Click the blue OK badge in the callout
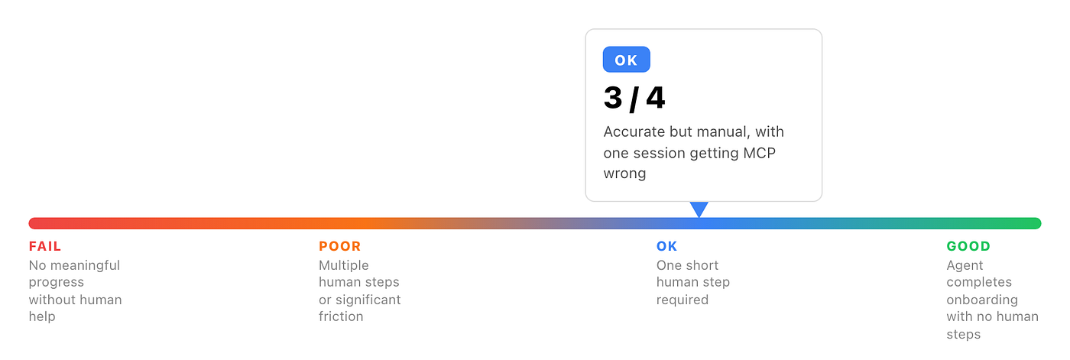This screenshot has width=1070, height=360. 626,60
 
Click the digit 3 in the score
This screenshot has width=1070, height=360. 613,98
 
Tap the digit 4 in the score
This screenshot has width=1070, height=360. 656,98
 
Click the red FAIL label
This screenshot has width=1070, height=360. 45,246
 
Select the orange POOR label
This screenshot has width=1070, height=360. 339,246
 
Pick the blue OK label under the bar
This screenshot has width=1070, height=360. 666,246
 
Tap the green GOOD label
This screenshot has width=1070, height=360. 968,246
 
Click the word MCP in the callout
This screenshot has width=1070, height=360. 760,154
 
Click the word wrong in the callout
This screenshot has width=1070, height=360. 625,174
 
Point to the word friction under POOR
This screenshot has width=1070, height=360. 341,316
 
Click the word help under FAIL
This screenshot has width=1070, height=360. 42,317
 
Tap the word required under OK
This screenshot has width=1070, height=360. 682,300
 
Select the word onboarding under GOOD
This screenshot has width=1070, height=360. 982,300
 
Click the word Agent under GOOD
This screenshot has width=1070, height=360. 965,266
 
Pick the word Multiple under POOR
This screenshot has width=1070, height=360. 343,266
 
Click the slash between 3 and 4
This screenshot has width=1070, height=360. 634,99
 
